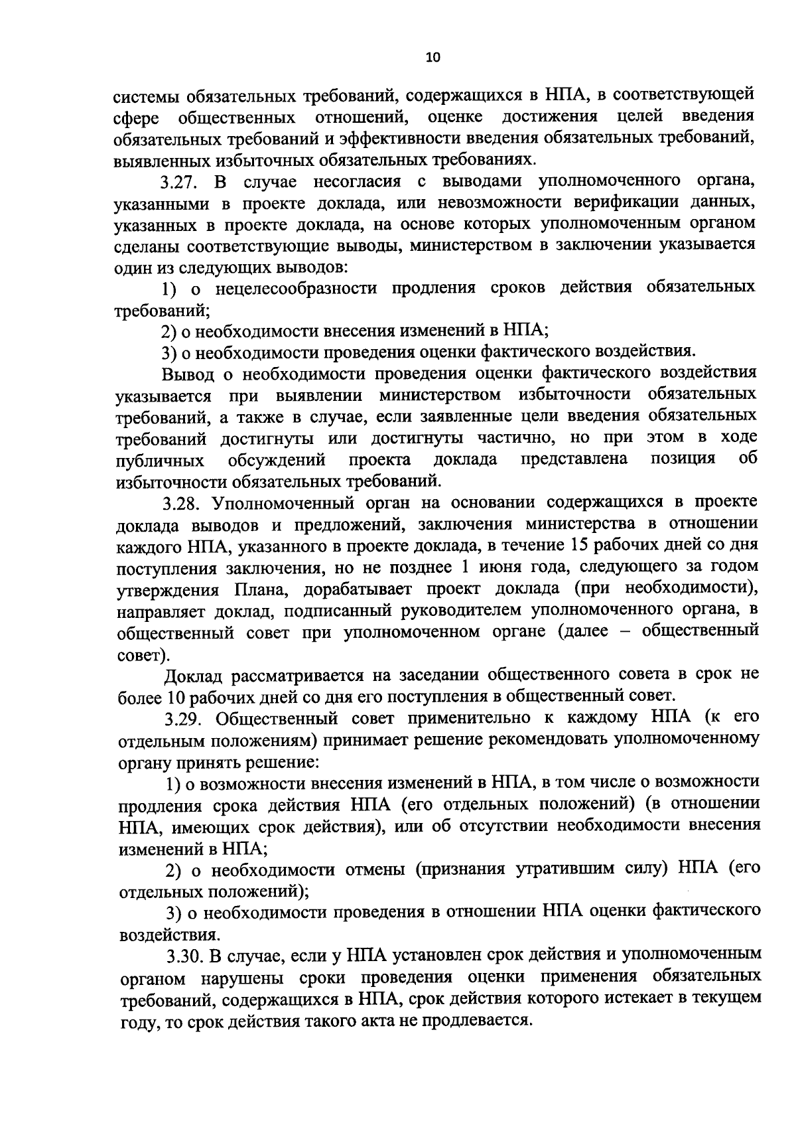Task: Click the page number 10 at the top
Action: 432,58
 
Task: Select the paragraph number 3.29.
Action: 184,718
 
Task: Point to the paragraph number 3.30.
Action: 185,956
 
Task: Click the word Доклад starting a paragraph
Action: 195,675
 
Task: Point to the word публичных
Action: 160,460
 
